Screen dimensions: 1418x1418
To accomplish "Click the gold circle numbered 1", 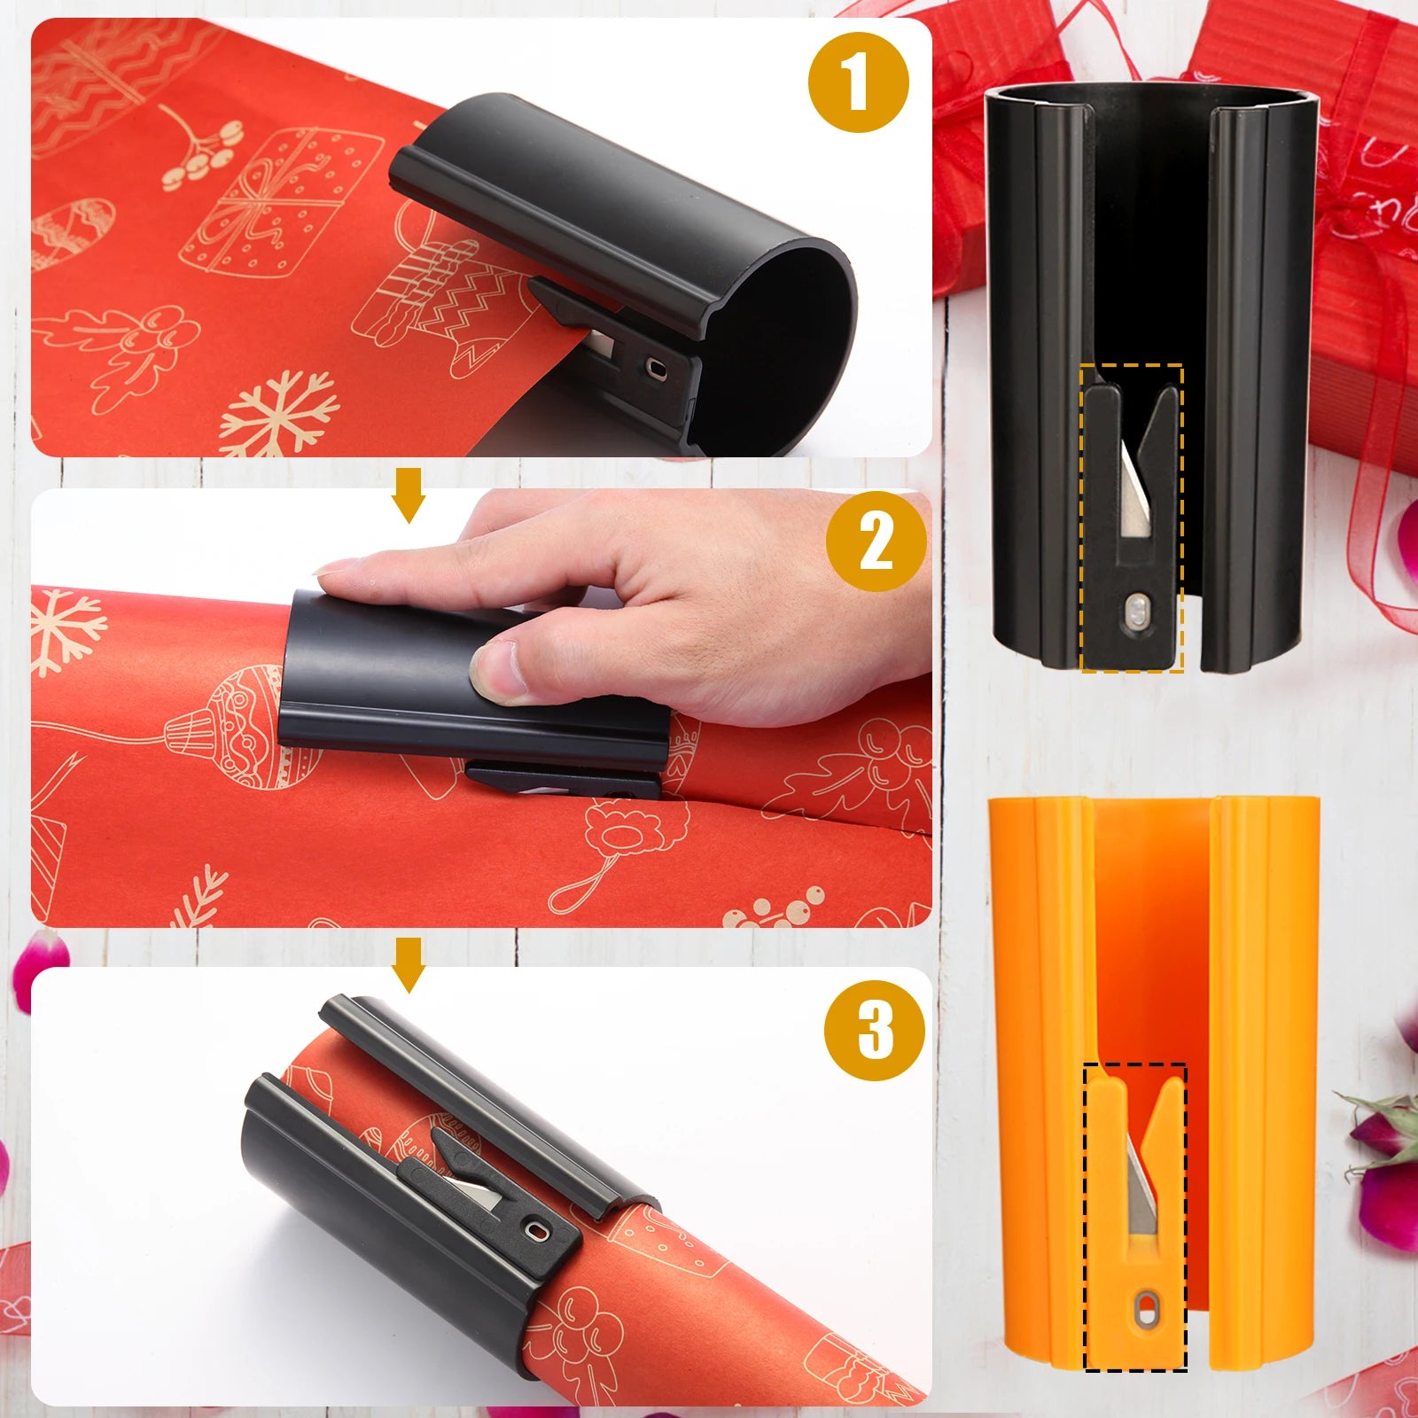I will point(858,82).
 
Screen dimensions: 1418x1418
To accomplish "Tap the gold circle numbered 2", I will point(876,541).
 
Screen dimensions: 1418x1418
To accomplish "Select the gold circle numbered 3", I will point(875,1029).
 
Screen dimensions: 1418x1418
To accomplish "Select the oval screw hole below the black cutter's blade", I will point(1134,611).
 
